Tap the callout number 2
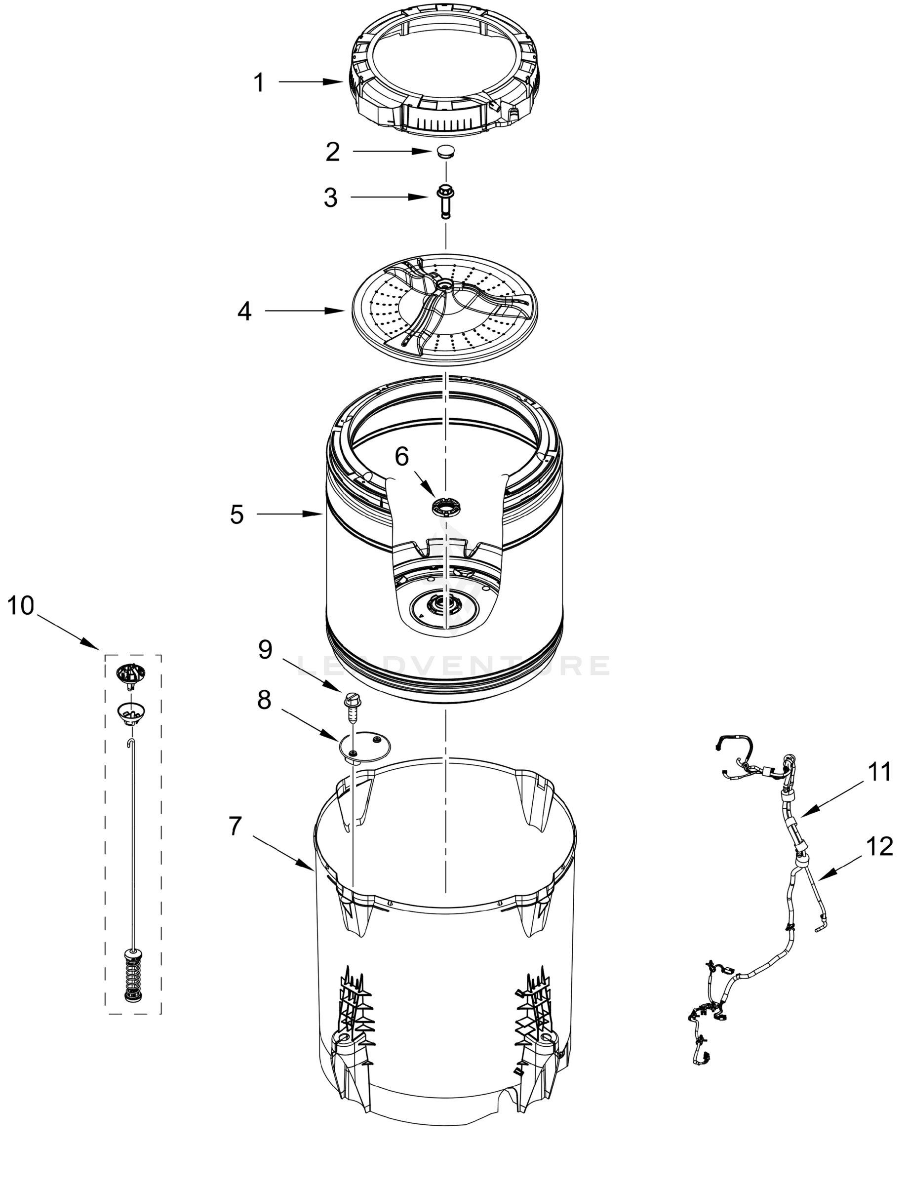(332, 153)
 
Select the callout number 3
(330, 198)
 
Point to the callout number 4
(244, 312)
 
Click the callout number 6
(401, 457)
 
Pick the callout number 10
(21, 606)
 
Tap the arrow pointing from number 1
(311, 82)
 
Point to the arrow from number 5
(289, 514)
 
